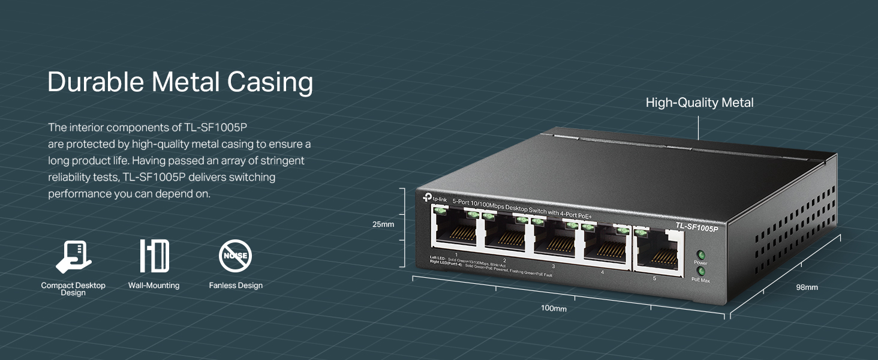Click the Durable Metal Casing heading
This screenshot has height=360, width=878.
pos(180,82)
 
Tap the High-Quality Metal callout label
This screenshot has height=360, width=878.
pos(699,103)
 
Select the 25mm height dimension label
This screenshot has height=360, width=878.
pos(383,224)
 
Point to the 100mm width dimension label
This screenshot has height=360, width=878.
pos(553,308)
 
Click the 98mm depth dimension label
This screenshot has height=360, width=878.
pos(807,287)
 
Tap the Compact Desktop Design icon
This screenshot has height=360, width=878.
pos(73,256)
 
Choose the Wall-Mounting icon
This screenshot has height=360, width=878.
pos(154,256)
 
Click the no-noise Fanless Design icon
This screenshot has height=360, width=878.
pos(235,256)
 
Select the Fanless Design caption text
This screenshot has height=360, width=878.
pos(236,286)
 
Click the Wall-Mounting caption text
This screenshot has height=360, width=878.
pos(154,286)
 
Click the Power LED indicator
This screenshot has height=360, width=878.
pos(700,254)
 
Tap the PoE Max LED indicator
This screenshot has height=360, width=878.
pos(700,271)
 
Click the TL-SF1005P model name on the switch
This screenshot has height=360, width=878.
pos(697,226)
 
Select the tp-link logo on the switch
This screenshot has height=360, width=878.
pos(434,198)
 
